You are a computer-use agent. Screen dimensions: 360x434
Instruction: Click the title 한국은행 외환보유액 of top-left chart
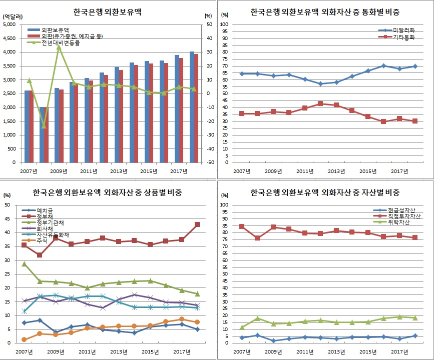click(105, 11)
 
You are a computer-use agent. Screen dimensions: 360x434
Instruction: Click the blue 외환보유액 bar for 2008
click(42, 134)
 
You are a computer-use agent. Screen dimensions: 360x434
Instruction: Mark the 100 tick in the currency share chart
click(225, 24)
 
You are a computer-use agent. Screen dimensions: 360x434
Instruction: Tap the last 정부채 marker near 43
click(197, 224)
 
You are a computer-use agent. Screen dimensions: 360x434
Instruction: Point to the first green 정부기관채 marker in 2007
click(24, 263)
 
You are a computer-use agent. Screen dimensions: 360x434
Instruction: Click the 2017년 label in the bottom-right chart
click(398, 351)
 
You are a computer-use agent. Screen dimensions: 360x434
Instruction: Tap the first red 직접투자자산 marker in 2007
click(242, 226)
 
